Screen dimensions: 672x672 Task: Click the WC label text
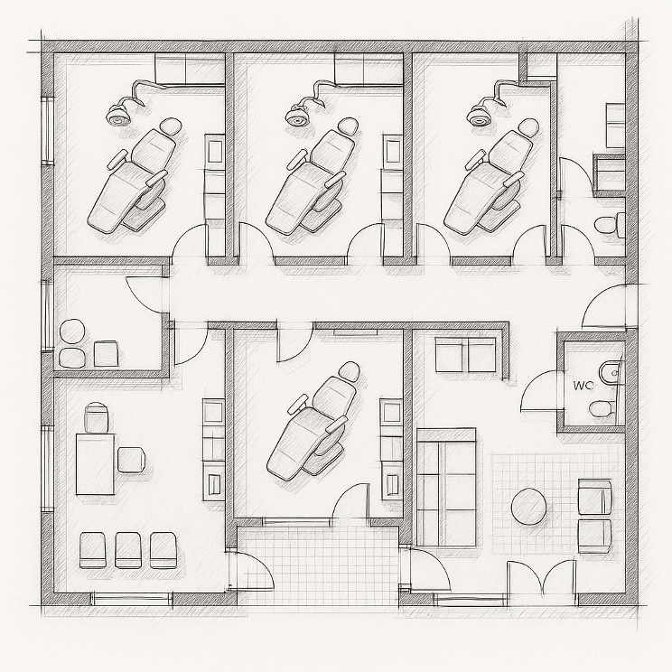pos(583,386)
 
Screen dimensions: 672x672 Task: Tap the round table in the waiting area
pos(529,506)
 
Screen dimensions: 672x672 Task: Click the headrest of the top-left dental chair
pos(171,127)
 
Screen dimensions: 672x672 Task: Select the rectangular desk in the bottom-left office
pos(95,463)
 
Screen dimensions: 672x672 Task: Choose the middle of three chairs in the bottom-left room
pos(127,550)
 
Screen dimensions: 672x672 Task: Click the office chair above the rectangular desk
pos(97,417)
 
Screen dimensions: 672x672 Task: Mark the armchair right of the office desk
pos(131,460)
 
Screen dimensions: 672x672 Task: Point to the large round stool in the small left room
pos(72,331)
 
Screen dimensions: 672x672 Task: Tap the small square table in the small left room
pos(106,353)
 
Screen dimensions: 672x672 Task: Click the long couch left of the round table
pos(446,488)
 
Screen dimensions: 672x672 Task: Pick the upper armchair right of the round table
pos(595,497)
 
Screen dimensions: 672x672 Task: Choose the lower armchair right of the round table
pos(595,537)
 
